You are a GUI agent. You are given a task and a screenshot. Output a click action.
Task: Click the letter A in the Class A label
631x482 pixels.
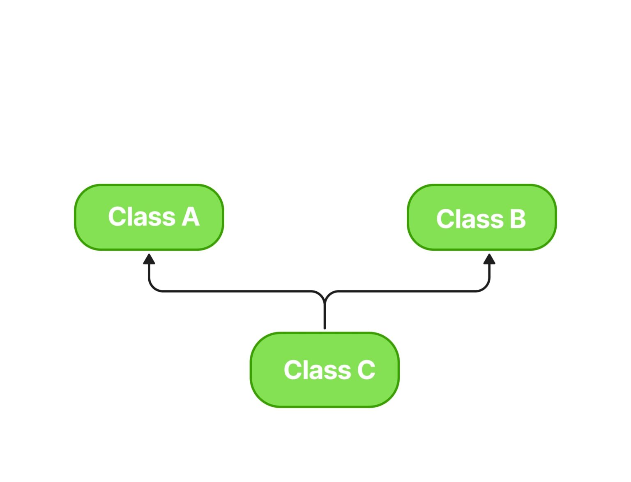click(x=191, y=217)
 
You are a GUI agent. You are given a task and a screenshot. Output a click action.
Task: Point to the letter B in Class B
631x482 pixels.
click(x=518, y=219)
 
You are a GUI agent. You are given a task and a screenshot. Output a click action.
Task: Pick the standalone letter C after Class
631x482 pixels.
click(x=366, y=370)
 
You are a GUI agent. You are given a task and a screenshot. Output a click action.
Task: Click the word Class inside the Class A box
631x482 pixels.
click(x=142, y=217)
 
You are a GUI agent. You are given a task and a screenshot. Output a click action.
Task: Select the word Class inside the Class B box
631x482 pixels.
click(x=470, y=219)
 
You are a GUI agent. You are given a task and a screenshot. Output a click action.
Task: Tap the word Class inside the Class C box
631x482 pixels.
click(x=317, y=370)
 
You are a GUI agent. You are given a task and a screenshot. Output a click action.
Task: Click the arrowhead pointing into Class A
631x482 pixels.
click(x=149, y=259)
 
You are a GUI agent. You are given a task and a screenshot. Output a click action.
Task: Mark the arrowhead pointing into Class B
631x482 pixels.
click(x=489, y=259)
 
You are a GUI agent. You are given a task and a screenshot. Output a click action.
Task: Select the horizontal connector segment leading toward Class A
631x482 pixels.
click(x=236, y=291)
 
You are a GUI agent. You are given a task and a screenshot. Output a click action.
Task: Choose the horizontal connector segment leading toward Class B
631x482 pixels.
click(x=407, y=291)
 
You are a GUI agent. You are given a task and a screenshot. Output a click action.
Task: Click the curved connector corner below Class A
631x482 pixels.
click(x=153, y=287)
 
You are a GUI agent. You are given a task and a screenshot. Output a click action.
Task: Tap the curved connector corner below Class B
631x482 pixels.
click(x=485, y=287)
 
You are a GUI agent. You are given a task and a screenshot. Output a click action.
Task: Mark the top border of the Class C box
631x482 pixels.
click(x=325, y=333)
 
